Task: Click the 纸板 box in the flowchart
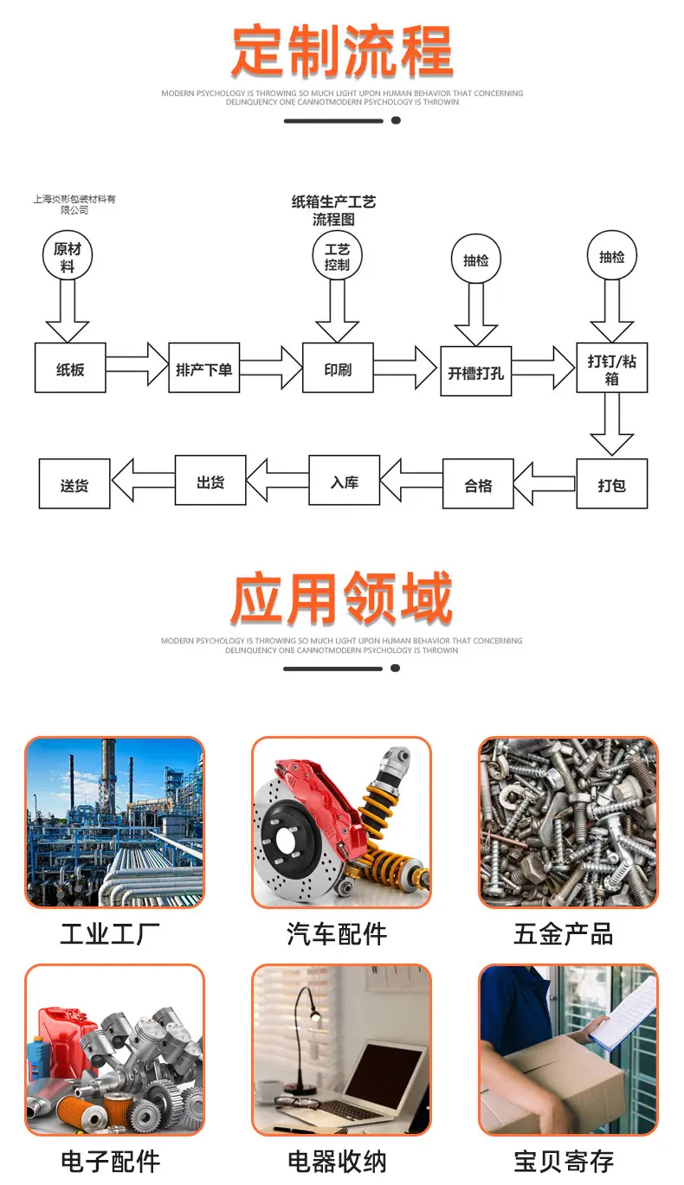pyautogui.click(x=70, y=368)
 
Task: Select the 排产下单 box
pyautogui.click(x=203, y=368)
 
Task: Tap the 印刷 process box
pyautogui.click(x=338, y=368)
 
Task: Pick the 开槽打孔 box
pyautogui.click(x=475, y=371)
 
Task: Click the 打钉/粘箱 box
pyautogui.click(x=611, y=368)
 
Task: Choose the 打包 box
pyautogui.click(x=611, y=484)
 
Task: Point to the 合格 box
pyautogui.click(x=478, y=484)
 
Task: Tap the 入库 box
pyautogui.click(x=344, y=480)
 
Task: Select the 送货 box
pyautogui.click(x=74, y=484)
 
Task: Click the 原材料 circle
pyautogui.click(x=68, y=255)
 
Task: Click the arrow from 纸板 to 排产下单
pyautogui.click(x=137, y=364)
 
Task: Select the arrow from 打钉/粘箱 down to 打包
pyautogui.click(x=611, y=425)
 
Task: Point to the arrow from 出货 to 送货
pyautogui.click(x=143, y=480)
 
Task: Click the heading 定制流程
pyautogui.click(x=342, y=50)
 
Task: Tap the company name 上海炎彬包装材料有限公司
pyautogui.click(x=74, y=204)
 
